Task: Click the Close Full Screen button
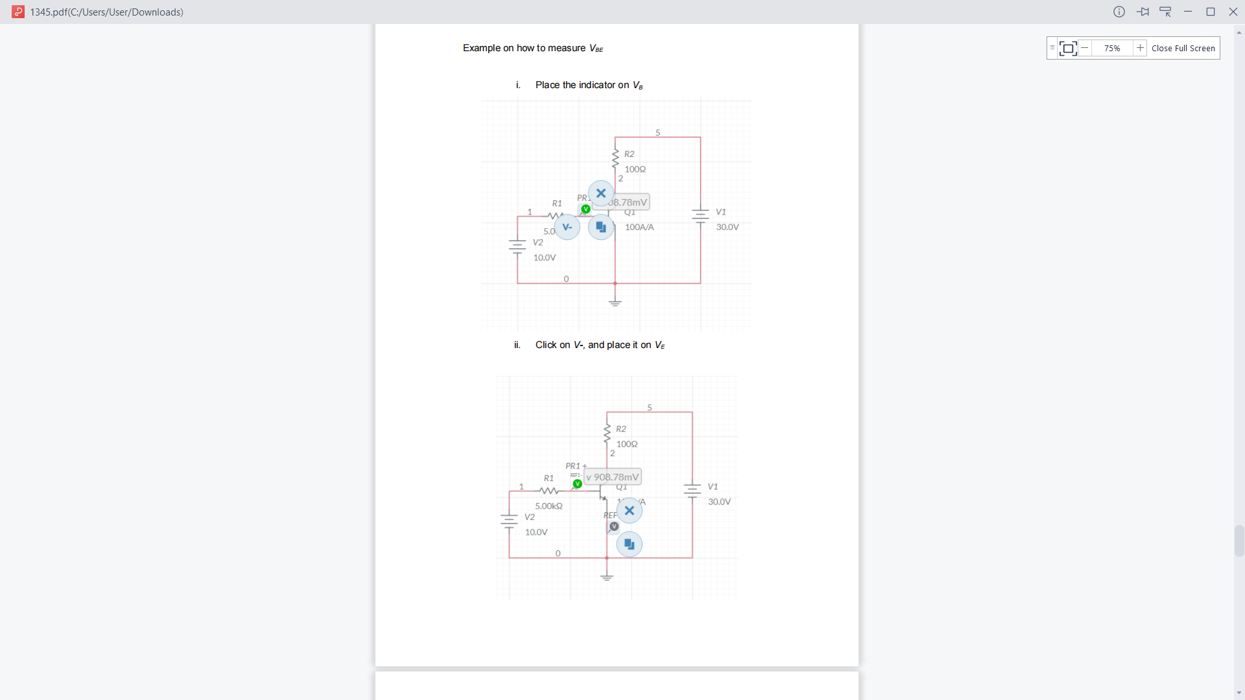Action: click(x=1183, y=48)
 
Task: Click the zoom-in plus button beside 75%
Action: click(x=1140, y=48)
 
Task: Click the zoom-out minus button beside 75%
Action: click(x=1084, y=48)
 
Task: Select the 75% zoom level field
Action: click(x=1112, y=48)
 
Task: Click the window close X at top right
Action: click(x=1233, y=12)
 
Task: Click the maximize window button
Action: click(x=1210, y=12)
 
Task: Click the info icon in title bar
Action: click(x=1119, y=12)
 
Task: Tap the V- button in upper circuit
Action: click(x=567, y=227)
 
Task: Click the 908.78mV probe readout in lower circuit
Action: click(x=613, y=477)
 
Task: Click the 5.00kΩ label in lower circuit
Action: click(x=549, y=506)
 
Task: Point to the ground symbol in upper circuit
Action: click(x=615, y=302)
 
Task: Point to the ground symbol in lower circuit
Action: click(x=607, y=577)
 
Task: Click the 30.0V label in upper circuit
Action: click(x=728, y=227)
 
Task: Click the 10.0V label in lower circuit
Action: click(x=536, y=532)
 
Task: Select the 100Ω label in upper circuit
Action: click(x=635, y=169)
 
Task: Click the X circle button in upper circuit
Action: click(x=601, y=193)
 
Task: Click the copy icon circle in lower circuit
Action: click(x=629, y=544)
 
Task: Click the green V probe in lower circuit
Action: click(x=577, y=484)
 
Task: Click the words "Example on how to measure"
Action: click(x=524, y=48)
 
